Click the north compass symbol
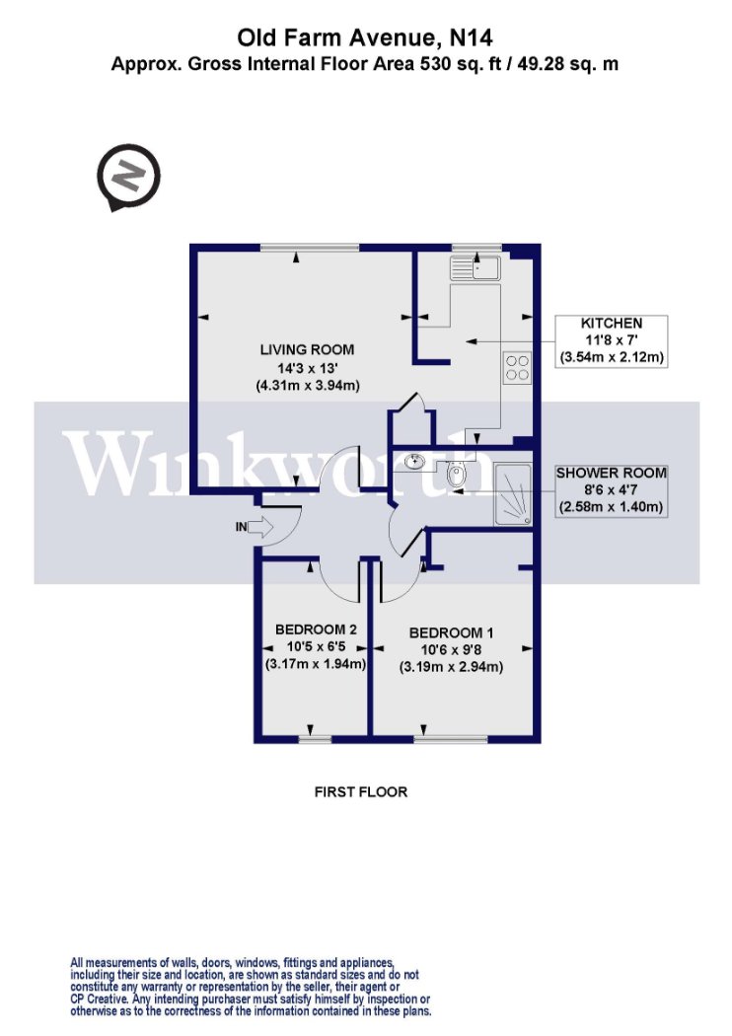129,177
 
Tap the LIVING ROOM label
307,349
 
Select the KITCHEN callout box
611,341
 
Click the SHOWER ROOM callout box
611,490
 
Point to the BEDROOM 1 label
451,632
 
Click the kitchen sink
475,267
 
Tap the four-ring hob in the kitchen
517,367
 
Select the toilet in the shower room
457,475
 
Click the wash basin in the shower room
415,461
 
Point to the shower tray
513,494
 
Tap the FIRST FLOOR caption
361,791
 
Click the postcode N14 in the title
471,37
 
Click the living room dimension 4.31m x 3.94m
308,386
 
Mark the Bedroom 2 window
315,739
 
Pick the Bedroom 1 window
451,739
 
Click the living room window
310,248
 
